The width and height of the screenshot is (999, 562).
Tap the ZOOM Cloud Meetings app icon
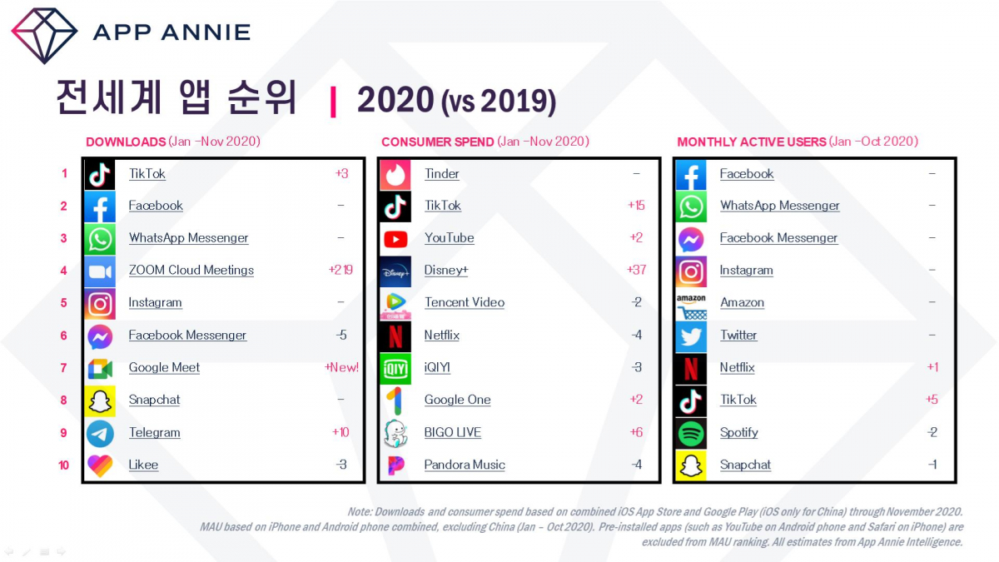point(100,271)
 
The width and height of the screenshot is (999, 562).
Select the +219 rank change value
point(340,270)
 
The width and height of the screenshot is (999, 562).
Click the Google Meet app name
point(164,367)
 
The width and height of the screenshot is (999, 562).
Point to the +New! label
point(341,367)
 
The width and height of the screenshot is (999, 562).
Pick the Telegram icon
point(100,433)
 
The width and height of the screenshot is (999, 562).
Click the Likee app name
point(143,465)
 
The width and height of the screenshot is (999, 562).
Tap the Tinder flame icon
point(395,174)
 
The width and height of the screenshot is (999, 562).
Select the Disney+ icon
point(395,271)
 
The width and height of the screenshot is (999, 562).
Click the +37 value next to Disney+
point(636,270)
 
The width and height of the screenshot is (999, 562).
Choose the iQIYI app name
point(437,367)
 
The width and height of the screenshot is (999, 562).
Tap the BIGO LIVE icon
point(395,433)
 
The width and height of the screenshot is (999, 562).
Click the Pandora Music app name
point(465,465)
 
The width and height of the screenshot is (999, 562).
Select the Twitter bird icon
point(691,336)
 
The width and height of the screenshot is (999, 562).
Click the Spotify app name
point(738,432)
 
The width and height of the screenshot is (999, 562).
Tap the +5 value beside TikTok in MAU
point(932,400)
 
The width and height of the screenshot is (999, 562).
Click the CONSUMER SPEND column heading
point(437,142)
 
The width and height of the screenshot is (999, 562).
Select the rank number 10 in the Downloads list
point(64,465)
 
